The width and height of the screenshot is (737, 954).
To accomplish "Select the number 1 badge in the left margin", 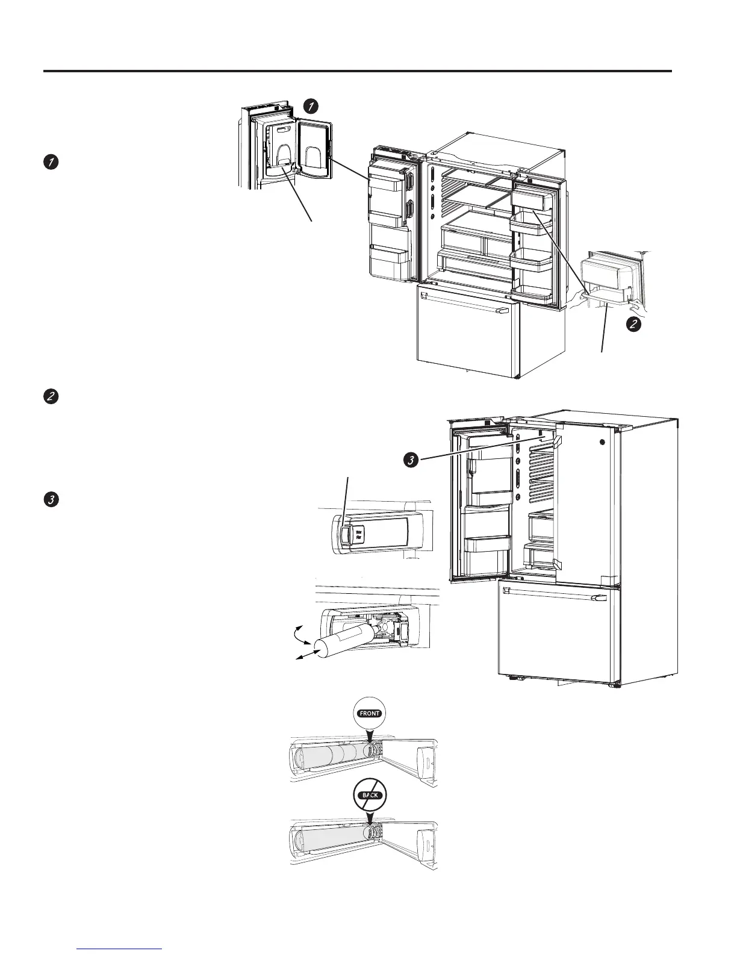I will click(x=51, y=161).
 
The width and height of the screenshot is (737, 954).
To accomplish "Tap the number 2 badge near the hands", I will click(x=633, y=324).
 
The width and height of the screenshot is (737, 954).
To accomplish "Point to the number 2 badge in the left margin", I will click(x=51, y=397).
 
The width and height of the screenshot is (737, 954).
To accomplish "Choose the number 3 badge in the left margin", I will click(x=51, y=500).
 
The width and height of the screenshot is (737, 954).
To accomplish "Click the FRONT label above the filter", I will click(x=368, y=713).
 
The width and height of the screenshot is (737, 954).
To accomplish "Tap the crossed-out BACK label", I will click(x=368, y=795).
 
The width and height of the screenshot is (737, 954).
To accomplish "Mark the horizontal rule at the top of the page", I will click(x=358, y=71).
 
